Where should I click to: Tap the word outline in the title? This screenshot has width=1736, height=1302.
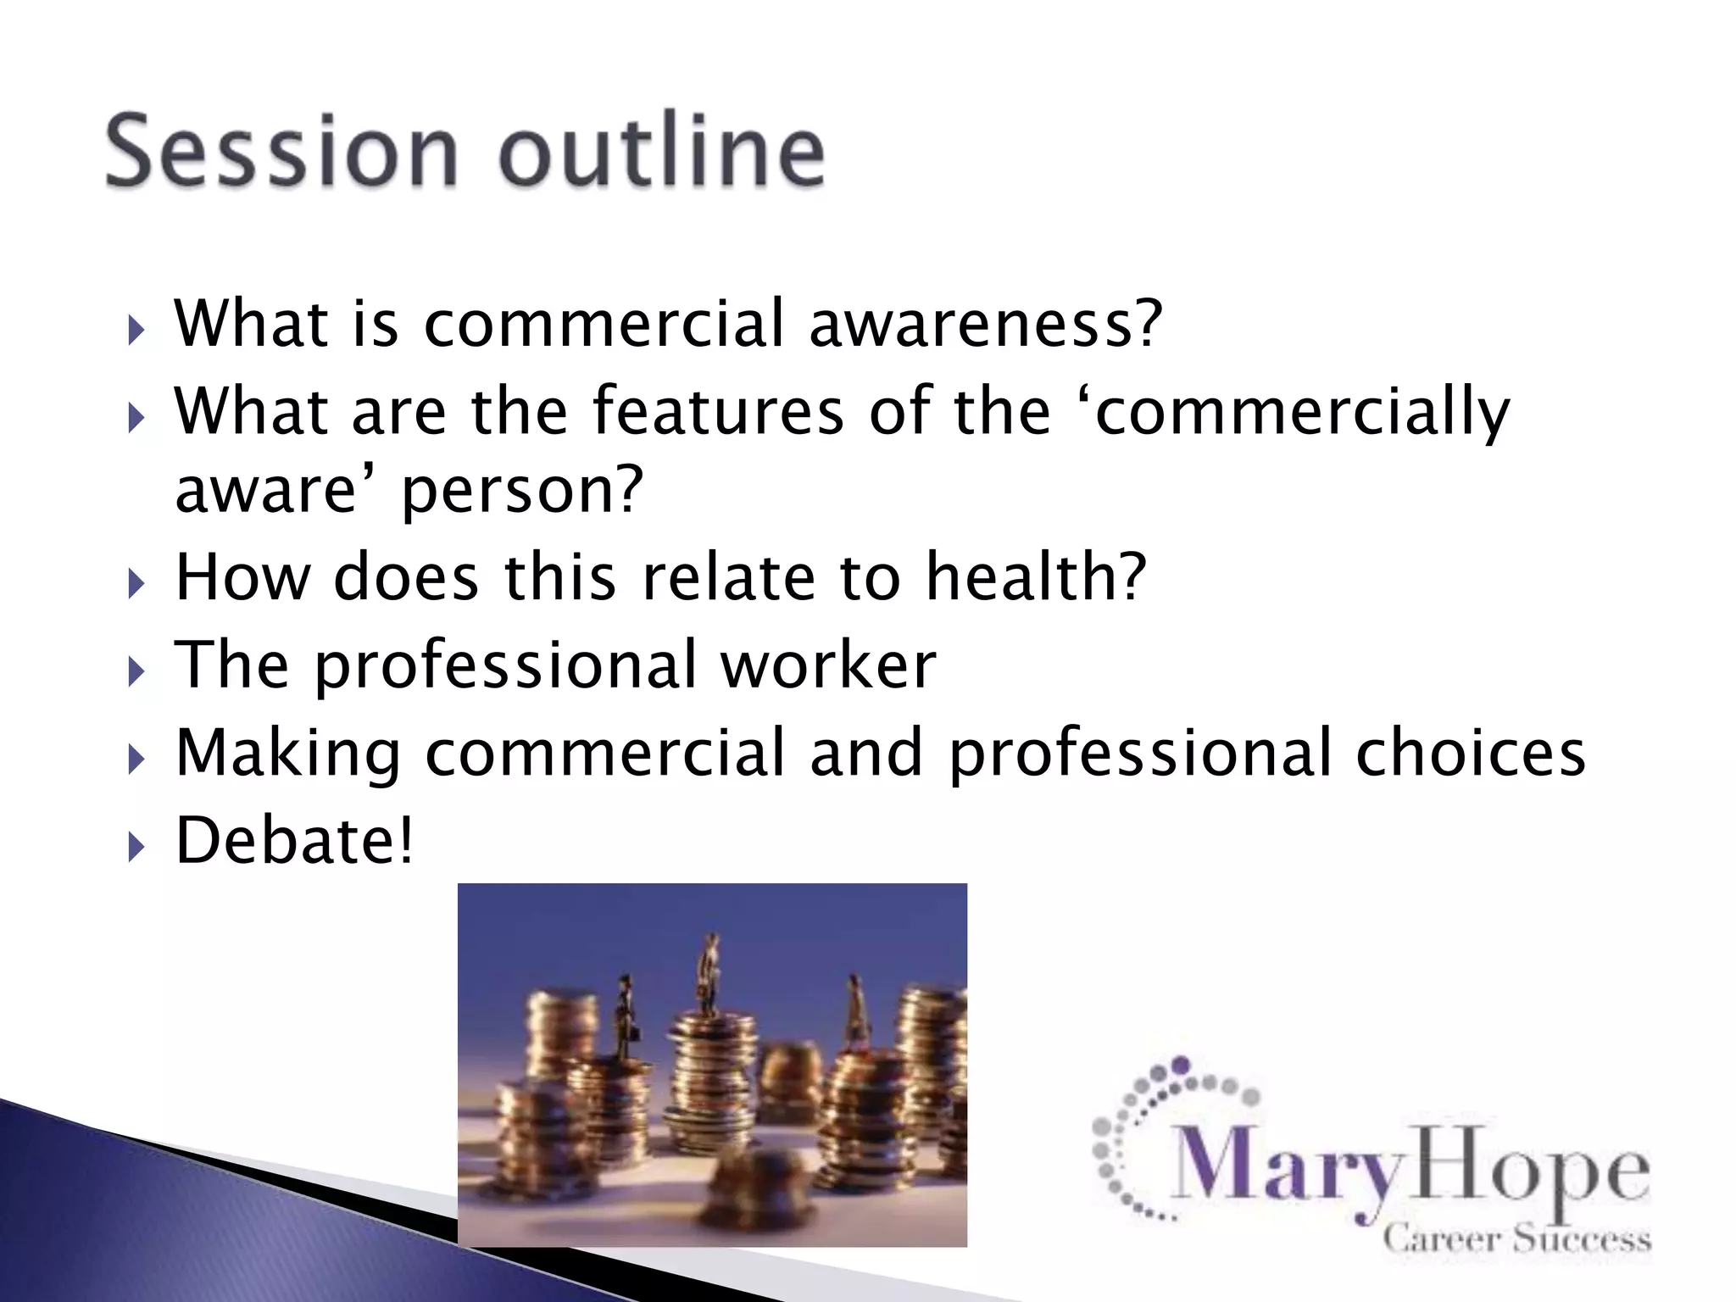[x=661, y=151]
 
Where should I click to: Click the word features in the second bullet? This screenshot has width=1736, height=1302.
[x=717, y=411]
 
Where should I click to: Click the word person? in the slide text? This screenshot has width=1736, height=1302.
[x=522, y=492]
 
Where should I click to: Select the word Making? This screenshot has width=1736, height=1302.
[x=287, y=754]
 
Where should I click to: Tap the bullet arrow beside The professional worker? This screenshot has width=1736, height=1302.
[x=136, y=671]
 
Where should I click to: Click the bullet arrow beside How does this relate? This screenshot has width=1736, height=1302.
[x=136, y=584]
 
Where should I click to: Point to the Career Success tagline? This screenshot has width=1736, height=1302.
[x=1516, y=1239]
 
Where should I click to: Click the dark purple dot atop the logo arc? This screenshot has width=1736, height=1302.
[x=1181, y=1065]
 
